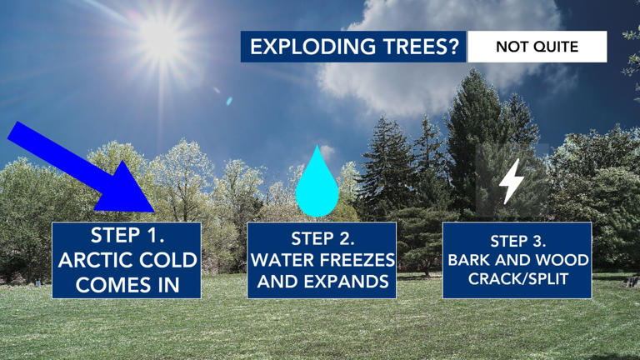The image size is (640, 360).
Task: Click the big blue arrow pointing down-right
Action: (92, 171)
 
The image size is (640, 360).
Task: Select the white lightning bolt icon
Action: (512, 181)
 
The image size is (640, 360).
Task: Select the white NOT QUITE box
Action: (537, 47)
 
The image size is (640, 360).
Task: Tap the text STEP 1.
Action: (127, 237)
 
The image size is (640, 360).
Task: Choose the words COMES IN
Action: (127, 284)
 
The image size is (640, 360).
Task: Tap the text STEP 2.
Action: (322, 240)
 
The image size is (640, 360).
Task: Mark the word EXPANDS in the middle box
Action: (350, 282)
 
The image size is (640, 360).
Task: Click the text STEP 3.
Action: (517, 242)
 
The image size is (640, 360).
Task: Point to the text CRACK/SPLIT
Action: (517, 279)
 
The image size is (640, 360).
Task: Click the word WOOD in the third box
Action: (564, 260)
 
